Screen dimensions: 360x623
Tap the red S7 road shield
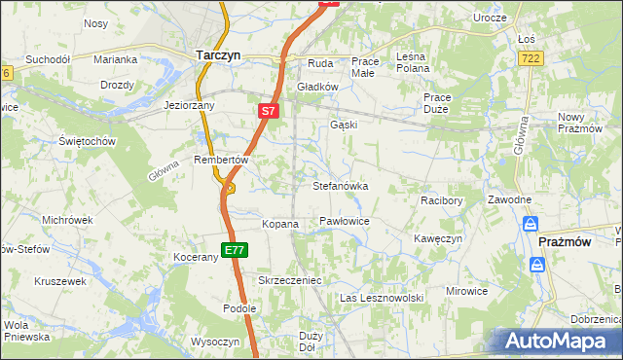[270, 112]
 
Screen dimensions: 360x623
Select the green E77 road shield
[234, 250]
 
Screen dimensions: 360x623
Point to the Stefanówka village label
[340, 185]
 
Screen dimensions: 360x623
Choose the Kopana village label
[279, 224]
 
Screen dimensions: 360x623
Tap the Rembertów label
[223, 160]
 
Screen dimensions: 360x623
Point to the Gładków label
[316, 86]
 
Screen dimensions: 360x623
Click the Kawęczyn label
[437, 238]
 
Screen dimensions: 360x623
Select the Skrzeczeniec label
[289, 280]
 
